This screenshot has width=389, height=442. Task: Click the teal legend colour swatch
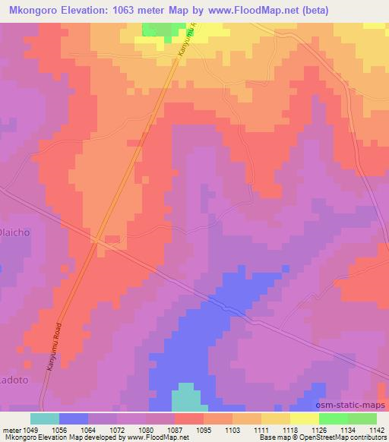(x=45, y=418)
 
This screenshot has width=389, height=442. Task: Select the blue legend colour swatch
(x=74, y=418)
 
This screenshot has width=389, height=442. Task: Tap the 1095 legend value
(x=201, y=429)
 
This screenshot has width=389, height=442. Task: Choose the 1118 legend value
(x=289, y=429)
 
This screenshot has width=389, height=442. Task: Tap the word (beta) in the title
(x=334, y=8)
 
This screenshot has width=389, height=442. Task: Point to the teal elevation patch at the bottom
(x=186, y=399)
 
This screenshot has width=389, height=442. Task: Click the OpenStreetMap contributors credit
(x=346, y=437)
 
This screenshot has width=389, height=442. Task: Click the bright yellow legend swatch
(x=305, y=418)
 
